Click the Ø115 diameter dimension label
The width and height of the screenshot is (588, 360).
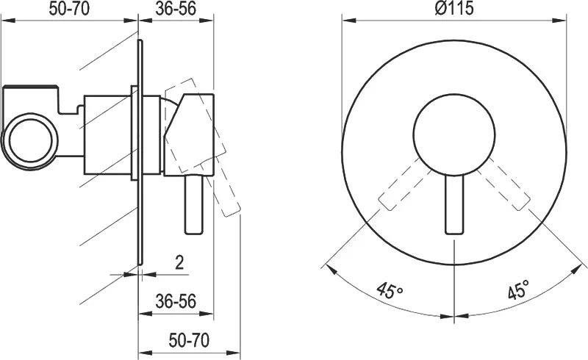(453, 8)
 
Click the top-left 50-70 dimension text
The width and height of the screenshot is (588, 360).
(69, 9)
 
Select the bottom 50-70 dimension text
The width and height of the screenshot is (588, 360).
(189, 340)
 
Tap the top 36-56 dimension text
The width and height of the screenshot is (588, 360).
(176, 9)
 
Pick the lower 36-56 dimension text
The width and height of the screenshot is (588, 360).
(176, 301)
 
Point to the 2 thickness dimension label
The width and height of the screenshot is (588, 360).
(179, 263)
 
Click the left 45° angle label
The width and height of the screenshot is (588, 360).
(390, 290)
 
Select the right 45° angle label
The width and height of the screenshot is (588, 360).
(519, 289)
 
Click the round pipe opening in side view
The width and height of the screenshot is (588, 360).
(30, 141)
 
